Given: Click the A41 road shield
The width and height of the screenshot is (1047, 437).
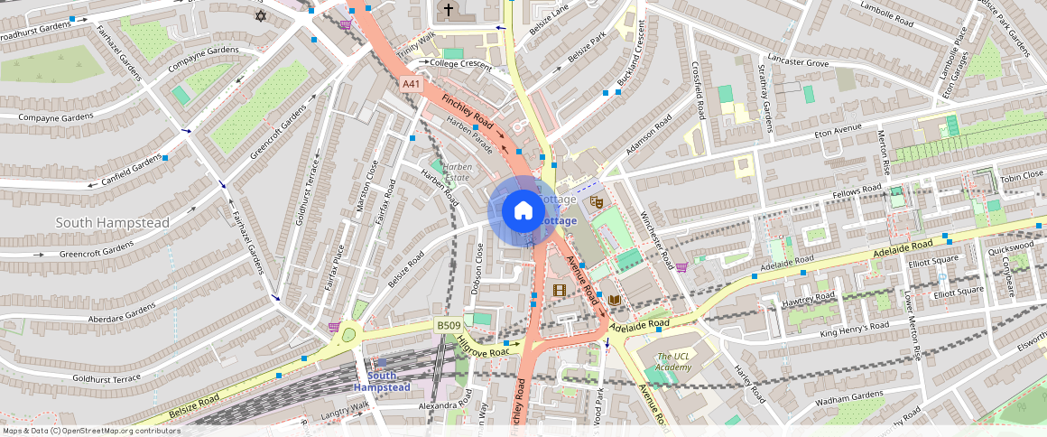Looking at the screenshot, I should point(412,84).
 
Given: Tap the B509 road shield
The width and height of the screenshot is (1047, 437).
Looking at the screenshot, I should point(448,325).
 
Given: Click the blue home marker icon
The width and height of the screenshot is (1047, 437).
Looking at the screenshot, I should point(523,211).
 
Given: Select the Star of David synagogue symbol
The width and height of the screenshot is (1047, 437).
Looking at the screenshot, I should point(262,16).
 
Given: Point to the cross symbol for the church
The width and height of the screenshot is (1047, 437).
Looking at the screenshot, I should point(448,10).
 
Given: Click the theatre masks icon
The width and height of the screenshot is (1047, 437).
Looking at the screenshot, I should point(595,201).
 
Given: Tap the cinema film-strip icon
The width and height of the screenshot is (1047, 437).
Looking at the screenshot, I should point(560,290).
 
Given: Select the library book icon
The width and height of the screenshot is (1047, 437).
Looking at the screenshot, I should point(615,300).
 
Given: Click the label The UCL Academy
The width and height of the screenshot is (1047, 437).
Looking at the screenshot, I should point(674,361).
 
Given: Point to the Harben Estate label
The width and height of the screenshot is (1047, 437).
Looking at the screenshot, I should point(457,172).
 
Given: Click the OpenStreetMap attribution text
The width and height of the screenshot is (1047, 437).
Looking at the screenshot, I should point(91,431).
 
